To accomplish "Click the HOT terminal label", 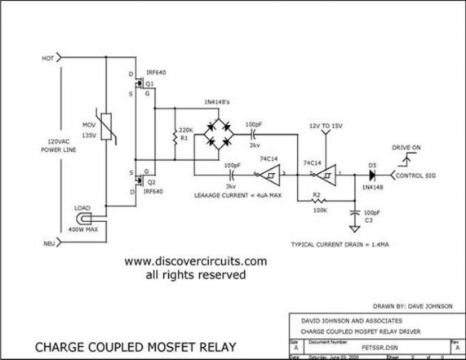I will (x=47, y=59).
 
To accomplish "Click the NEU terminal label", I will (x=47, y=244).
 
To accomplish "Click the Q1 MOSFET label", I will (x=149, y=84).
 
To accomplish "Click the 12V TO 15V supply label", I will (x=326, y=126).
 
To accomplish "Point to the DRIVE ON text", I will (x=407, y=148).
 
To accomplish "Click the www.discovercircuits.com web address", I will (x=195, y=261).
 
